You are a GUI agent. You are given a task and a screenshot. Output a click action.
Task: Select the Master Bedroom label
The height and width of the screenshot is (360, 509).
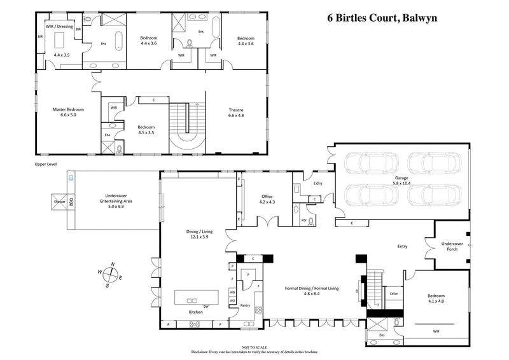[x=68, y=109]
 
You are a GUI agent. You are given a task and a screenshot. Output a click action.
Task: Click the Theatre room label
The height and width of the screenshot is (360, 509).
[x=235, y=109]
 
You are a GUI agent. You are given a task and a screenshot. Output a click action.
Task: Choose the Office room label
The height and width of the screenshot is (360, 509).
[x=267, y=197]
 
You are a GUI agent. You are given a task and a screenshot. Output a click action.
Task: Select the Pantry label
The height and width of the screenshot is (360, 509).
[x=244, y=305]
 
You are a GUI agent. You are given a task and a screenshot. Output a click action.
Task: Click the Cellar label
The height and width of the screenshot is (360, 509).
[x=394, y=294]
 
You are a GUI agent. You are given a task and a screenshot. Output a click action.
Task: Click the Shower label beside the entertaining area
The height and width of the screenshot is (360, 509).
[x=60, y=202]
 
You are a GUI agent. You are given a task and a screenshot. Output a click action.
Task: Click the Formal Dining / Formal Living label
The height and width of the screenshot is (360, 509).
[x=312, y=288]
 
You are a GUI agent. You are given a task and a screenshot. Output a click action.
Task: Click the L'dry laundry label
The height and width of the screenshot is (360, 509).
[x=317, y=184]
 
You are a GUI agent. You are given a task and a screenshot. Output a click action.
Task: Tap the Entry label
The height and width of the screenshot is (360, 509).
[x=402, y=246]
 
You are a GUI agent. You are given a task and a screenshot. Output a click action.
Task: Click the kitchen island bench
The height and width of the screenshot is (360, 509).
[x=197, y=297]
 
